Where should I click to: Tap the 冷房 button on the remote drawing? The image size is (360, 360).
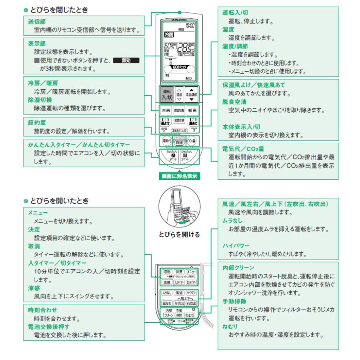[x=165, y=109]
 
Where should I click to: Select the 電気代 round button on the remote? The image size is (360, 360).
[x=166, y=141]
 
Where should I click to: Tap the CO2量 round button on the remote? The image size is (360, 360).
[x=191, y=141]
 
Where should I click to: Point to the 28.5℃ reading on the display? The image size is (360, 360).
[x=186, y=47]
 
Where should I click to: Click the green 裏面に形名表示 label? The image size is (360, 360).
[x=179, y=175]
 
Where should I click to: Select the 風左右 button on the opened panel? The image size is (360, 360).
[x=166, y=303]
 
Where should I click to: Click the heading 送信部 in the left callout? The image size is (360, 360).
[x=36, y=22]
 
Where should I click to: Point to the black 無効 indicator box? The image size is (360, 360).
[x=126, y=61]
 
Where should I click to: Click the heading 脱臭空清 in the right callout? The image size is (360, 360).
[x=234, y=102]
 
